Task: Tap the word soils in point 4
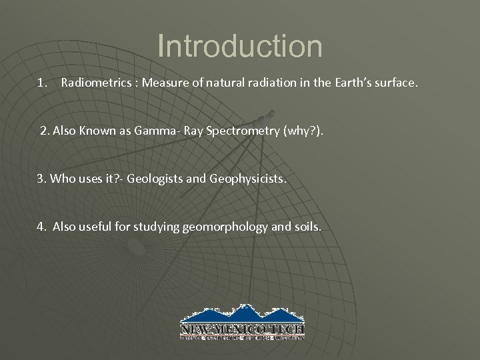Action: [x=307, y=227]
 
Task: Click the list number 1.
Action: [x=42, y=84]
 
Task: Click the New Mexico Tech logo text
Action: [x=242, y=329]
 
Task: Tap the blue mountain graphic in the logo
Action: [x=242, y=315]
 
